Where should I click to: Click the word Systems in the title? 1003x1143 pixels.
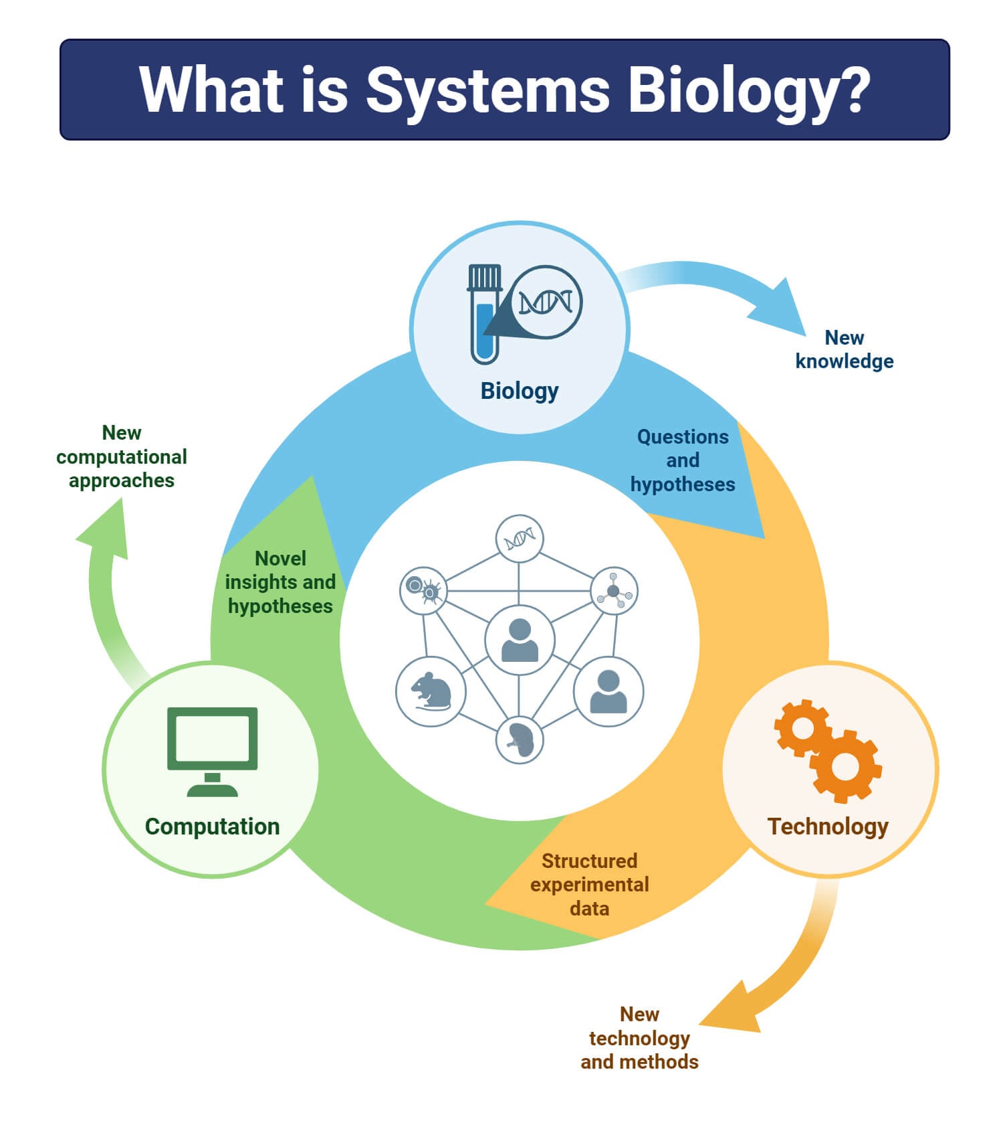click(x=487, y=90)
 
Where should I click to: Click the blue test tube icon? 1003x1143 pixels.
click(x=485, y=315)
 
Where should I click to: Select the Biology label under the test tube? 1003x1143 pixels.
click(x=520, y=391)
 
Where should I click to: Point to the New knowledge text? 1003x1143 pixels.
click(x=844, y=349)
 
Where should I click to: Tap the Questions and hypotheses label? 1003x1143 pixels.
click(x=683, y=460)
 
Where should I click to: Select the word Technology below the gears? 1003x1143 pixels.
click(x=828, y=826)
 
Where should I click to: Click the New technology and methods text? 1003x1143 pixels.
click(x=639, y=1038)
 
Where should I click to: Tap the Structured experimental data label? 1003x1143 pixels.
click(x=589, y=884)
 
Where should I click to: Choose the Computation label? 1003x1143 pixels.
click(x=212, y=826)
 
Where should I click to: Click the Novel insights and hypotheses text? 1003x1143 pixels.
click(x=280, y=582)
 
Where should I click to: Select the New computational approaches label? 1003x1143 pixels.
click(x=122, y=457)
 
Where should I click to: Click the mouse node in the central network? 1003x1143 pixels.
click(x=431, y=691)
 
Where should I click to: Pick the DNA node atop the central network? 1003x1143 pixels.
click(x=520, y=538)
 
